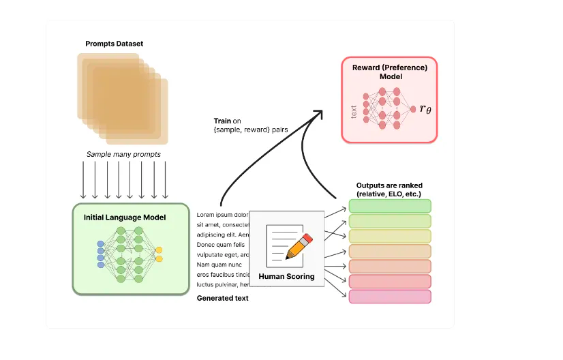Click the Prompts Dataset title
click(114, 44)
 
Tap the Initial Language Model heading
click(125, 217)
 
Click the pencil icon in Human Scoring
click(299, 246)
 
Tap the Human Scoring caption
click(286, 276)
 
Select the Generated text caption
click(222, 298)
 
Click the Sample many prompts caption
click(123, 154)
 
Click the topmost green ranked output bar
click(390, 206)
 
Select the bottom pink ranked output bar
click(390, 297)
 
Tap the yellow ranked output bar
click(390, 236)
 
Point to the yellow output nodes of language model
click(159, 254)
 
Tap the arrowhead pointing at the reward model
click(318, 115)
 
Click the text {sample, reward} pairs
click(242, 130)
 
